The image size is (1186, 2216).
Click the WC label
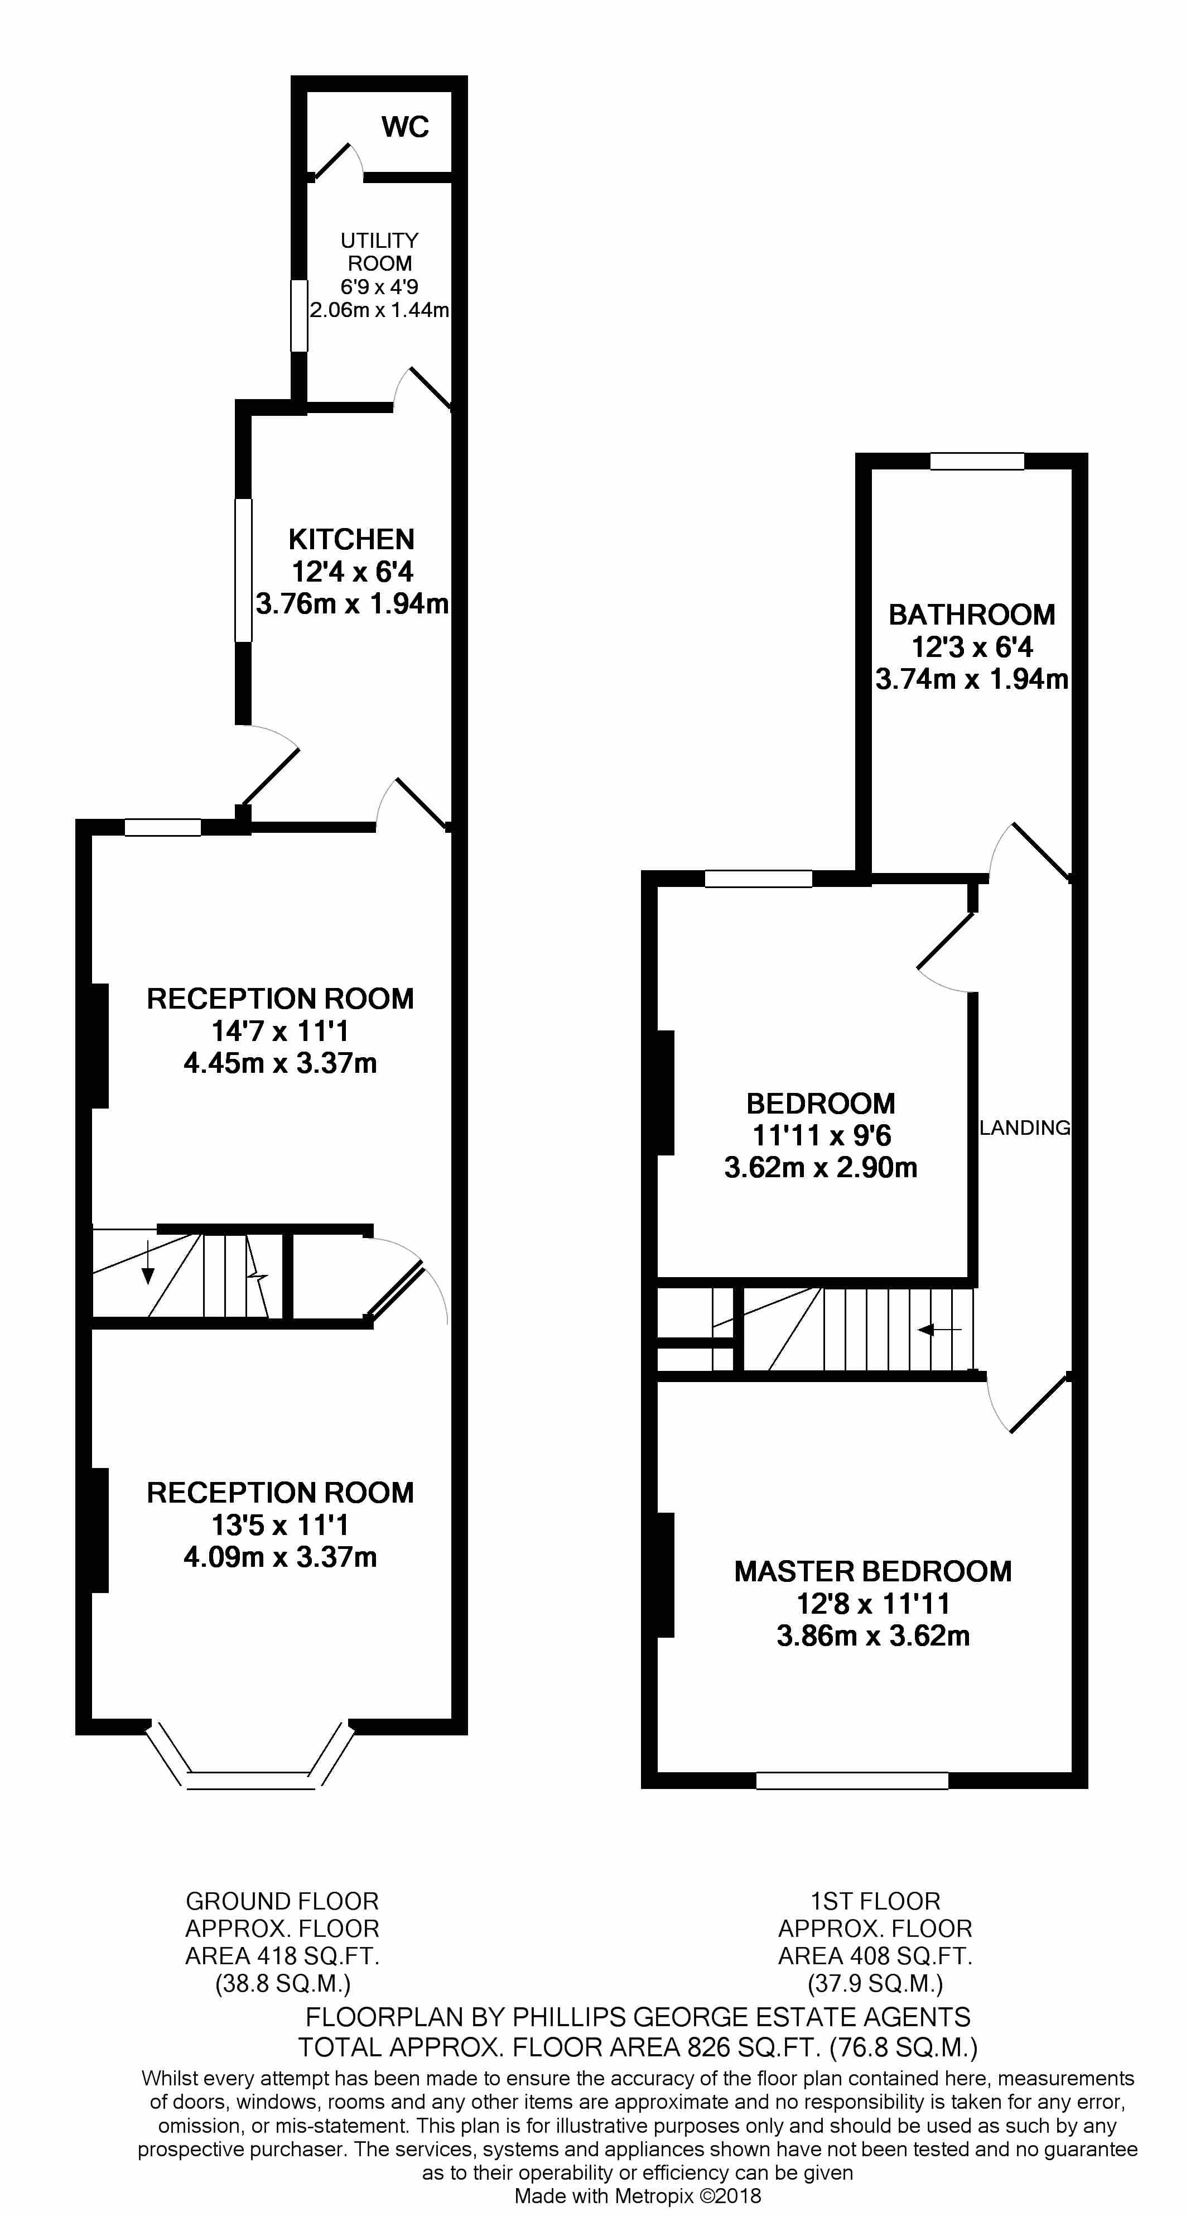click(x=405, y=127)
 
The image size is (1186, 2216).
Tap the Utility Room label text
click(x=379, y=252)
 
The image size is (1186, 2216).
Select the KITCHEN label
click(x=351, y=539)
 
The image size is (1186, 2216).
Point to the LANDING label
click(x=1024, y=1128)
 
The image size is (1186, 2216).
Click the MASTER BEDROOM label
click(x=872, y=1572)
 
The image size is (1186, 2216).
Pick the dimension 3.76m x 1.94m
click(x=352, y=604)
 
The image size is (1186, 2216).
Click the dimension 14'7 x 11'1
click(x=281, y=1030)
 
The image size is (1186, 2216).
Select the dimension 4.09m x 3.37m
click(x=281, y=1557)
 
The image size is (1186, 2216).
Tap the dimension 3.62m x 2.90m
click(x=821, y=1167)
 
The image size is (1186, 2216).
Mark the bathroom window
click(x=977, y=462)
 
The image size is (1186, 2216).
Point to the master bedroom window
click(x=851, y=1781)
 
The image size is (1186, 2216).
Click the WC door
click(x=335, y=160)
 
